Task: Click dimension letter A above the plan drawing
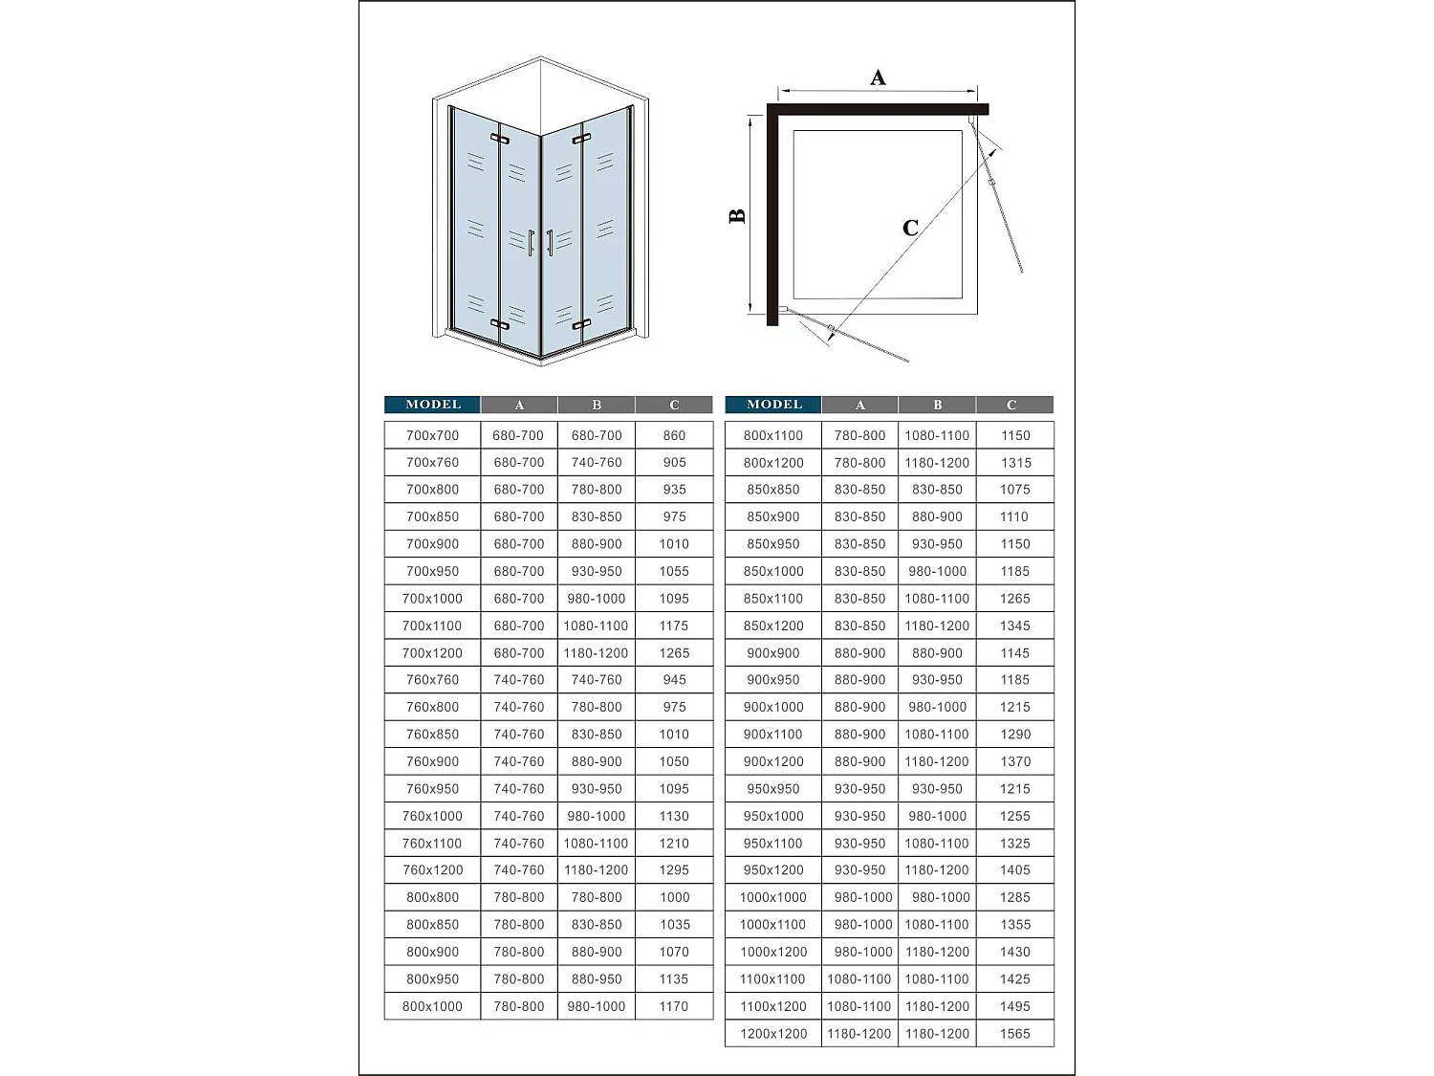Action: pos(878,78)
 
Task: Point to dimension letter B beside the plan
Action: pos(737,216)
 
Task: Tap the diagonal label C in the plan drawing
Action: pos(910,228)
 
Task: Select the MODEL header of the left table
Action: pos(432,405)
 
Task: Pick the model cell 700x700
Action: pos(432,435)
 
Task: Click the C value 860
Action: pos(674,435)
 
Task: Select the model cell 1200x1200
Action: pos(773,1034)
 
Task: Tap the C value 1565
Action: pos(1015,1034)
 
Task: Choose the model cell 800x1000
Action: pos(432,1006)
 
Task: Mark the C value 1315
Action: pos(1015,463)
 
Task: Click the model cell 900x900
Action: pos(773,653)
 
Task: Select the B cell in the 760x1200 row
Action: pos(597,870)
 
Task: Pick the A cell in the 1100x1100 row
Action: pos(859,979)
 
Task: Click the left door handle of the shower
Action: pos(531,243)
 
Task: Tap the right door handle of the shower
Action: pos(550,243)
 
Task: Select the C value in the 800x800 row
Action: pos(674,897)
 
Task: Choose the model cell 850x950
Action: pos(773,544)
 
